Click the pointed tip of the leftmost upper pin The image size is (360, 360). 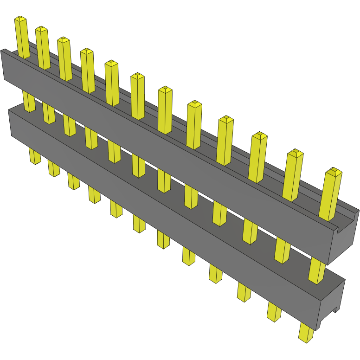click(20, 19)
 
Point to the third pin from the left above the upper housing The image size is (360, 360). click(64, 59)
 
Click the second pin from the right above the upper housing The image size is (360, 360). click(292, 175)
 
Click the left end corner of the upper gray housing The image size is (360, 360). click(4, 65)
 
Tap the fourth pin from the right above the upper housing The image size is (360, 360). click(225, 141)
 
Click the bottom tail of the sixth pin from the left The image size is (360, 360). click(139, 223)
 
